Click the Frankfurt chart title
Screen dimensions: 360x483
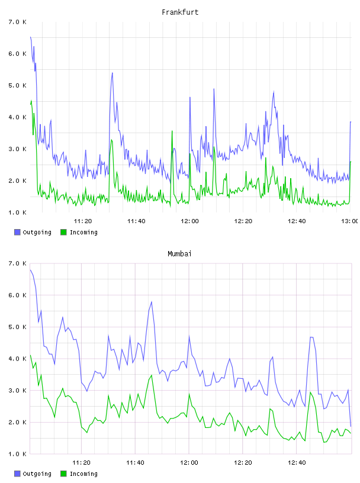pos(180,12)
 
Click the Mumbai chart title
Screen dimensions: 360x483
pos(179,254)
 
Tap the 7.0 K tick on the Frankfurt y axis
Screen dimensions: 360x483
pos(17,22)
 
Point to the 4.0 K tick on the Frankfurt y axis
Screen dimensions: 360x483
pos(17,117)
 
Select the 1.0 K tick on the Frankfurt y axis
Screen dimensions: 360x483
pos(17,212)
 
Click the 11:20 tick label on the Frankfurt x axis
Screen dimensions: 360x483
pos(83,221)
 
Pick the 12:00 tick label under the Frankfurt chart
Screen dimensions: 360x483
pos(189,221)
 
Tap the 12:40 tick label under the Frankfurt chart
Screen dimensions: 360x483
pos(297,221)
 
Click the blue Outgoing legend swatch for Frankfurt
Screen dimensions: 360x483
pos(17,232)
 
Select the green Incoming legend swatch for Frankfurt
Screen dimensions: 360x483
pos(63,232)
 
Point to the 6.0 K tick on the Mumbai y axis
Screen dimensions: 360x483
pos(17,295)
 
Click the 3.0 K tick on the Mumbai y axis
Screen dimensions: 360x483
pos(17,390)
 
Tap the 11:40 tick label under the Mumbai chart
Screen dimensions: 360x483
pos(135,462)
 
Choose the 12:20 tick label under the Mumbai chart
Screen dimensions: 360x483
pos(243,462)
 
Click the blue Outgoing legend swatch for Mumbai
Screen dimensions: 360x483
pos(17,474)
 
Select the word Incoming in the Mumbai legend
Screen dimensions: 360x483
pos(83,474)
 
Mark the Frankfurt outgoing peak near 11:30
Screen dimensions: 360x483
pos(112,73)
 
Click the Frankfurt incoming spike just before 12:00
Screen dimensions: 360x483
pos(172,131)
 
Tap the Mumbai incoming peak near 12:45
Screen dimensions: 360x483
pos(310,392)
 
